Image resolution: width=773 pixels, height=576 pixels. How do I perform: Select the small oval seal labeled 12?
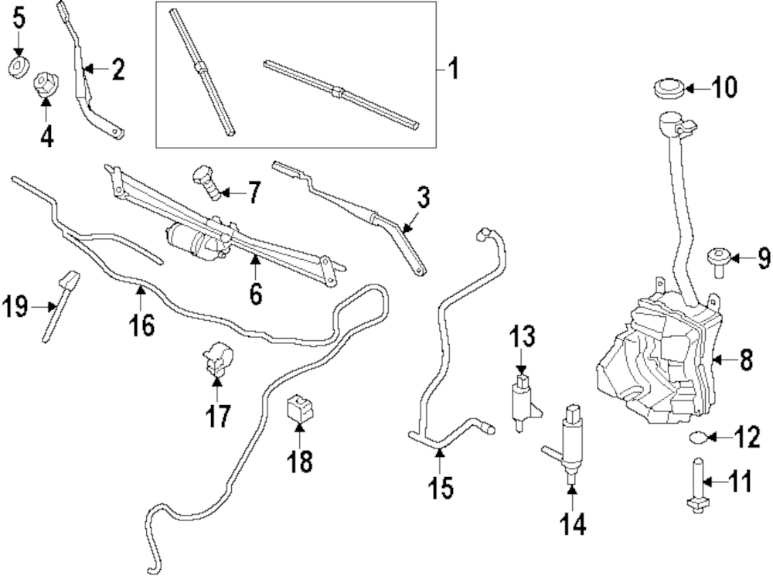click(698, 438)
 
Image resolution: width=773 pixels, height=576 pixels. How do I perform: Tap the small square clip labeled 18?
click(298, 407)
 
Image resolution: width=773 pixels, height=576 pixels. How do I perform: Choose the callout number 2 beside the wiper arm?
click(117, 70)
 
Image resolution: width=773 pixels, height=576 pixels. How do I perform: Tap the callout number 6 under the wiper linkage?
click(255, 294)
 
